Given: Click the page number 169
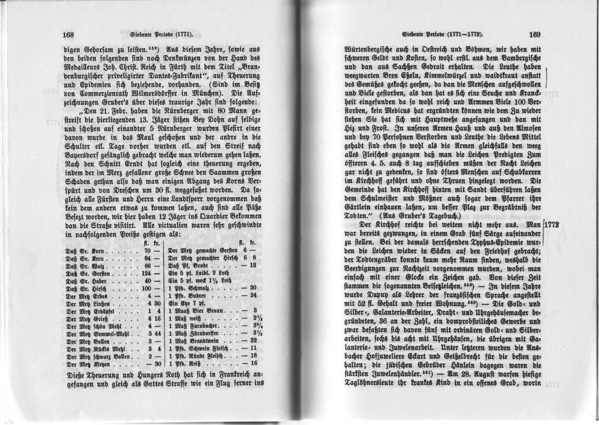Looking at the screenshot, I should pyautogui.click(x=534, y=35).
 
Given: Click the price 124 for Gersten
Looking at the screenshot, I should pyautogui.click(x=146, y=273).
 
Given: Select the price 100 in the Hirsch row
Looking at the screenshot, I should pyautogui.click(x=146, y=288).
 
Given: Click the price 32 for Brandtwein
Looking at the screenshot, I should pyautogui.click(x=253, y=341).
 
